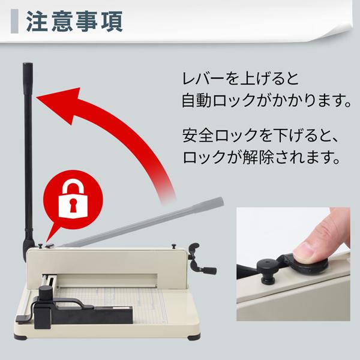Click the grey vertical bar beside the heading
pyautogui.click(x=15, y=21)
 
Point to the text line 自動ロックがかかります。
pyautogui.click(x=266, y=99)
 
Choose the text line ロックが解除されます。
pyautogui.click(x=259, y=159)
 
